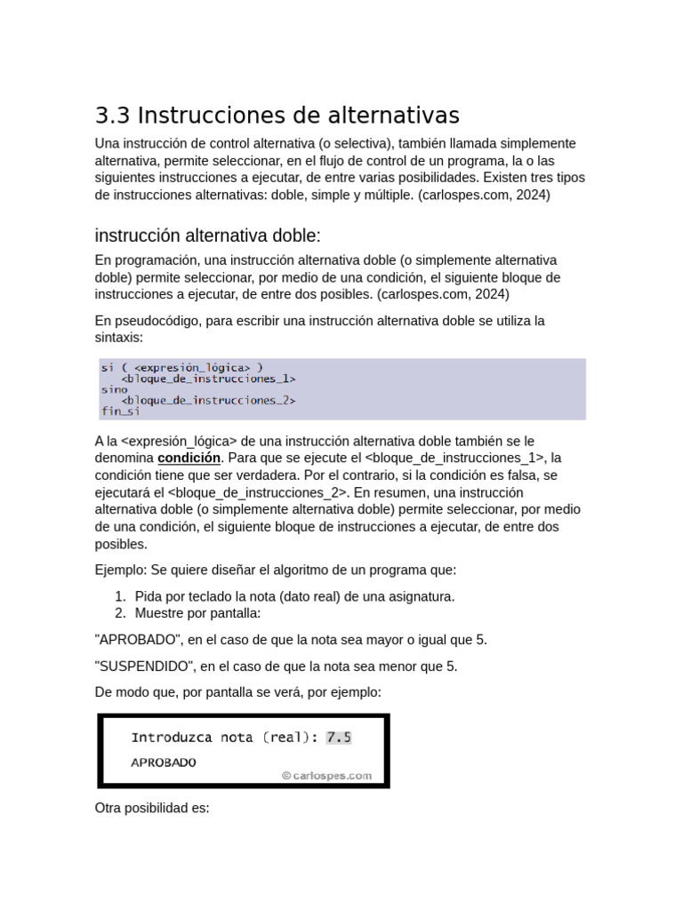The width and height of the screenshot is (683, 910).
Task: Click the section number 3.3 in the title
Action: (112, 116)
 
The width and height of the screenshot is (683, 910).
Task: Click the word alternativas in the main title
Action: (390, 116)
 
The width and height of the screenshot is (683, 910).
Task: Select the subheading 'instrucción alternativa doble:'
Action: (206, 235)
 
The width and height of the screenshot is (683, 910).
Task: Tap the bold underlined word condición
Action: (189, 459)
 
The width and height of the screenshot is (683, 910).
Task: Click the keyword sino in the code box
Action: (114, 389)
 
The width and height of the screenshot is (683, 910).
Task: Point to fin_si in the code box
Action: (120, 411)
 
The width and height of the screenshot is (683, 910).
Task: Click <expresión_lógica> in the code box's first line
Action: (194, 366)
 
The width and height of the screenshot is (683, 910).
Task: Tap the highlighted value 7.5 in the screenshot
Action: (339, 738)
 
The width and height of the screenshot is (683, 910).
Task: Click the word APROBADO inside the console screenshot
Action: (164, 762)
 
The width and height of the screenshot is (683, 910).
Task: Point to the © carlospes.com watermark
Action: (326, 775)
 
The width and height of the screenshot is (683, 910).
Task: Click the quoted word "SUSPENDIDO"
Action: (143, 667)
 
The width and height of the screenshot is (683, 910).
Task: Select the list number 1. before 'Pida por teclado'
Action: (121, 596)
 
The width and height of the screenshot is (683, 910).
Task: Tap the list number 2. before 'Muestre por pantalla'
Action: (121, 613)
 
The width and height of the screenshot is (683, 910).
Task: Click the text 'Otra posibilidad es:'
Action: (152, 810)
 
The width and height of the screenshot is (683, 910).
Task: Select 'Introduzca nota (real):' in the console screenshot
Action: (225, 738)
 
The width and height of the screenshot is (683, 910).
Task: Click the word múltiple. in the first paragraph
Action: (382, 195)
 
